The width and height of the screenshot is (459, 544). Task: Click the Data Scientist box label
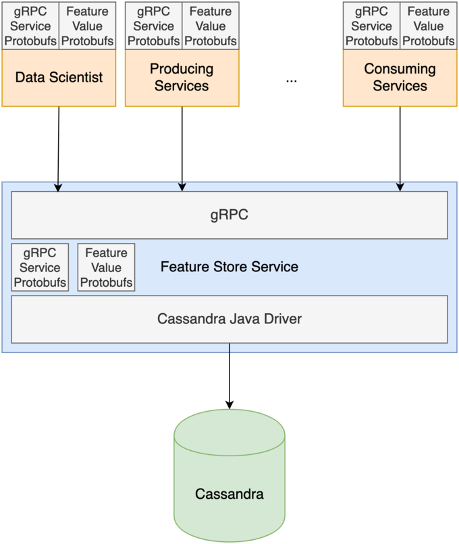coord(59,78)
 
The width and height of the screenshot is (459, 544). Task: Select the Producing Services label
coord(182,78)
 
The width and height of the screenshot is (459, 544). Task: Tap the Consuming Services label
coord(400,78)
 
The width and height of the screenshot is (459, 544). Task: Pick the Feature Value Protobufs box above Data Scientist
coord(87,26)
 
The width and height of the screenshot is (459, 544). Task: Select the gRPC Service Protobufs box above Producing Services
coord(153,26)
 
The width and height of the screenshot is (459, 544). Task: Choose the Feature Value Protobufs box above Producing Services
coord(211,26)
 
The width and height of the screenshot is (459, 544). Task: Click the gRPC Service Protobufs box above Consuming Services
coord(371,26)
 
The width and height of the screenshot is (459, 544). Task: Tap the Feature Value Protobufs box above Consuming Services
coord(429,26)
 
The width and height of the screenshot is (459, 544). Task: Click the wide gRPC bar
coord(230,215)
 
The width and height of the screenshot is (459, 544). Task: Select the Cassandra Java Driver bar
coord(230,319)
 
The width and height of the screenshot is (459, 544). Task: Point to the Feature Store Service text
coord(230,267)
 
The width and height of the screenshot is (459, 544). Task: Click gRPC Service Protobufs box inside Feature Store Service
coord(40,267)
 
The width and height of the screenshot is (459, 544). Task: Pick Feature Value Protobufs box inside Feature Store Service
coord(106,267)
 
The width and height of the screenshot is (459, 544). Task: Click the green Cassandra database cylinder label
coord(230,494)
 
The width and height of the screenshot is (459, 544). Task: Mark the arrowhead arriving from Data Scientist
coord(59,186)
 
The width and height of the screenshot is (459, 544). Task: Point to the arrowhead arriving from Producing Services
coord(182,186)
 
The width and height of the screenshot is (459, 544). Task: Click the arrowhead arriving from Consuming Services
coord(400,186)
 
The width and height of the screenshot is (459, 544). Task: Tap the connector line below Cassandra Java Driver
coord(230,349)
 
